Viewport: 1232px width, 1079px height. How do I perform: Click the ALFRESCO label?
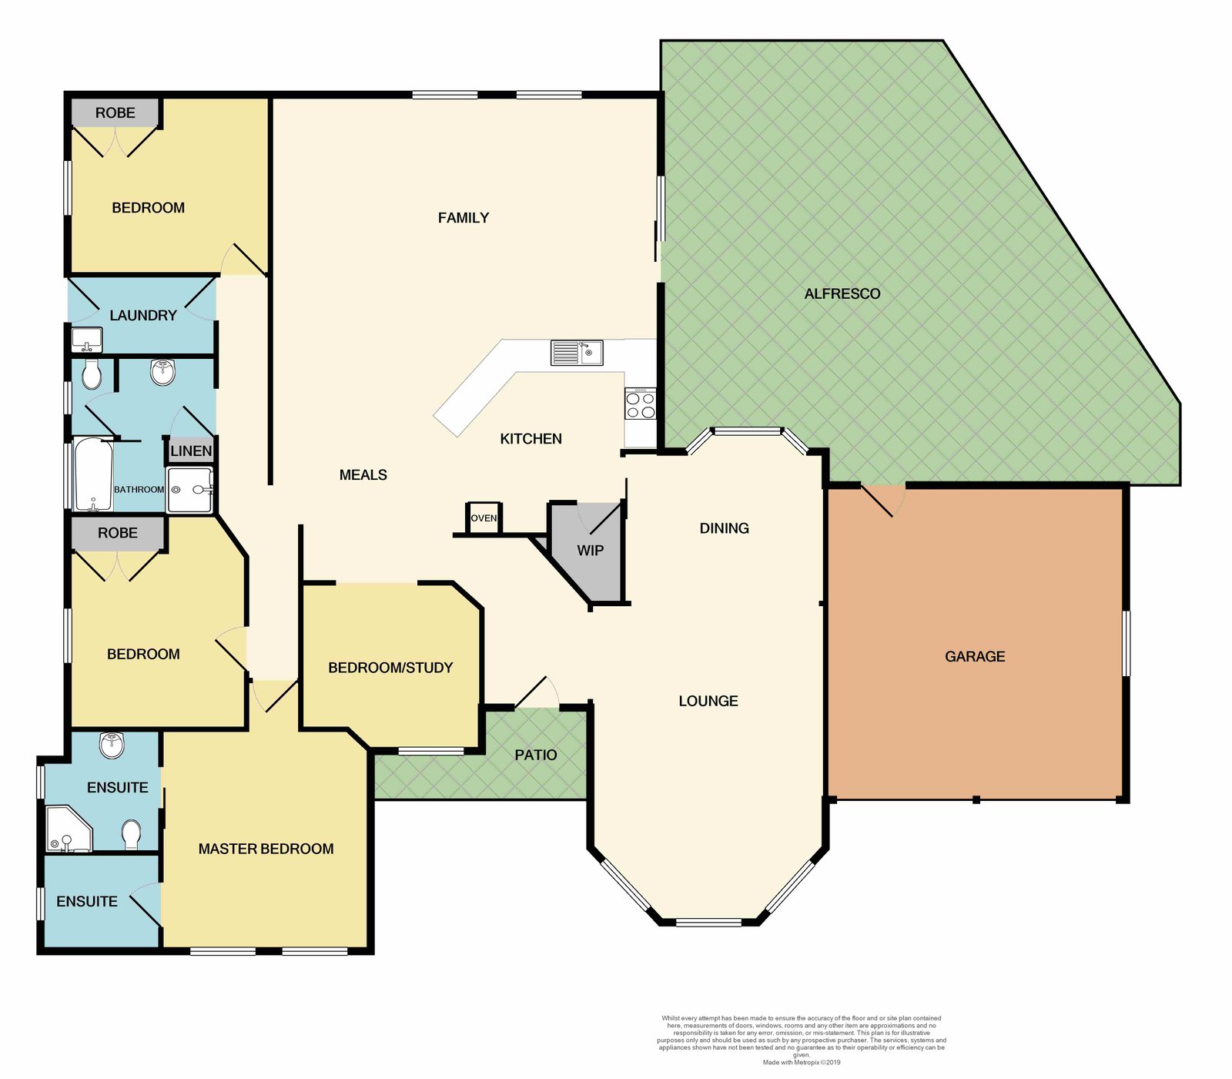click(842, 293)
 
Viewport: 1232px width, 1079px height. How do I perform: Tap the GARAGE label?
click(975, 656)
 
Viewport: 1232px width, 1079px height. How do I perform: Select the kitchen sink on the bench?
click(577, 353)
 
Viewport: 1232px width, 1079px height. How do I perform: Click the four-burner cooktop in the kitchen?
click(640, 404)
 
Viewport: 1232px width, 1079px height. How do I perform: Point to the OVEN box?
click(484, 518)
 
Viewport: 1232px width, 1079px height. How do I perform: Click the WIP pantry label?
click(590, 550)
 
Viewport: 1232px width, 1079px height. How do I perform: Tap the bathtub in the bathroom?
click(93, 475)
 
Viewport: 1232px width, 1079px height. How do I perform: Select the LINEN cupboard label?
click(191, 451)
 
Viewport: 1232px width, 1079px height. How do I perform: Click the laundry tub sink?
click(87, 339)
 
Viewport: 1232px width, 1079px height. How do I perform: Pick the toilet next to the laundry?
click(92, 374)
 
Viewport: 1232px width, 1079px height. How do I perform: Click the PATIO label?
click(535, 755)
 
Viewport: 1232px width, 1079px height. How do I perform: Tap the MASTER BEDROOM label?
click(266, 849)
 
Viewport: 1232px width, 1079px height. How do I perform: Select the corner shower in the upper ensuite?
click(68, 829)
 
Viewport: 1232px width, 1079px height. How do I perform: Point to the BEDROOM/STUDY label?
click(390, 668)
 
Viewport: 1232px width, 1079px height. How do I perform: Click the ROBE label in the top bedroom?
click(115, 112)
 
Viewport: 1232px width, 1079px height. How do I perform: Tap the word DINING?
click(724, 528)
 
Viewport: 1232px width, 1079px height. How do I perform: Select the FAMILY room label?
click(464, 218)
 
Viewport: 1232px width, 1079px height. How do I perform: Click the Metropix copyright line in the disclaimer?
click(802, 1062)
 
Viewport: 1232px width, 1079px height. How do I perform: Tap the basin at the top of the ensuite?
click(112, 745)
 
